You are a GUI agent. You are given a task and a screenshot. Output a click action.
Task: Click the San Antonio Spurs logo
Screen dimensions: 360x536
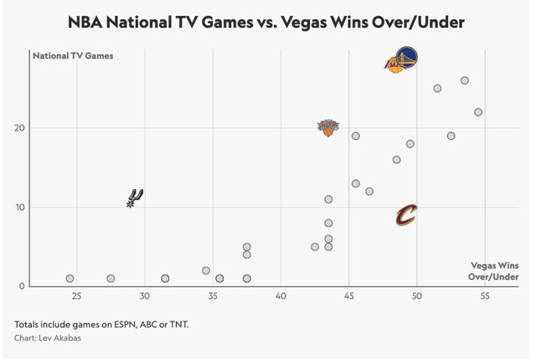[135, 198]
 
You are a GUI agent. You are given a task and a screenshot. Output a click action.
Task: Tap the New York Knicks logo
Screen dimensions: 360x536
[328, 127]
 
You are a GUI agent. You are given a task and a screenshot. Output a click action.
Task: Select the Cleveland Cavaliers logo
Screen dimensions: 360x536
[406, 215]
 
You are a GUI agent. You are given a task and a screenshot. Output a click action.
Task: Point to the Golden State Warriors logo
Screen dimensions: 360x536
[407, 58]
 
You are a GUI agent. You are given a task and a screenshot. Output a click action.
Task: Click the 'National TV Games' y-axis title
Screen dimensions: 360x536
[72, 56]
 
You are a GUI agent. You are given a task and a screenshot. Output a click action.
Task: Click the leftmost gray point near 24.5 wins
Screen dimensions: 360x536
[70, 279]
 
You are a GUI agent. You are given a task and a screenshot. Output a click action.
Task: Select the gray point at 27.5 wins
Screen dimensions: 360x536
[111, 279]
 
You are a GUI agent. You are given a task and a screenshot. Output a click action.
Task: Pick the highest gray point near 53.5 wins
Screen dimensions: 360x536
[464, 81]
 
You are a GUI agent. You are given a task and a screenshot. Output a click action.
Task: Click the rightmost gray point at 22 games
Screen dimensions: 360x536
[478, 112]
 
